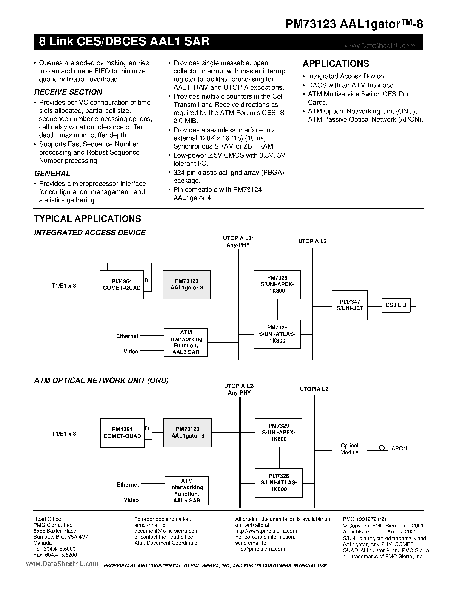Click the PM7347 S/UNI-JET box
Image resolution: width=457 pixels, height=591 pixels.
349,305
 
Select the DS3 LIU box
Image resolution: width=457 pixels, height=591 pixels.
396,305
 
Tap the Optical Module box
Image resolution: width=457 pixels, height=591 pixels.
349,449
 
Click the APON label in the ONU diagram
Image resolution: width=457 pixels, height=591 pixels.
399,449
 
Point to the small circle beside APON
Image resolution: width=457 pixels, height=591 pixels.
382,448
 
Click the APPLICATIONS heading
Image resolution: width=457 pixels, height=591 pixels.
336,64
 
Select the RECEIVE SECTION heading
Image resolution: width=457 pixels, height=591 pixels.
68,92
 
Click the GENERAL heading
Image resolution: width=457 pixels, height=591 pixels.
52,173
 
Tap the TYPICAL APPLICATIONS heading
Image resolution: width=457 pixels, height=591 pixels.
88,219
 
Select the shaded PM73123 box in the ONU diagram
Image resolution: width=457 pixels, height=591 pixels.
188,432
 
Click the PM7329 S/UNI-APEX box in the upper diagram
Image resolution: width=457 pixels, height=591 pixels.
277,284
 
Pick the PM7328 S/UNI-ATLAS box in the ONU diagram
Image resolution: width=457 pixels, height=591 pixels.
279,483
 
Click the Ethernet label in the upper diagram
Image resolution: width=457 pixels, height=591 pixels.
127,336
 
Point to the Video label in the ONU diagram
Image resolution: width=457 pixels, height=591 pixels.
131,500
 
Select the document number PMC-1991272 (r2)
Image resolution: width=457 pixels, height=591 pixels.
364,519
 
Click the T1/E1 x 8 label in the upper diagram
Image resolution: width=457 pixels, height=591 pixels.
64,285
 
